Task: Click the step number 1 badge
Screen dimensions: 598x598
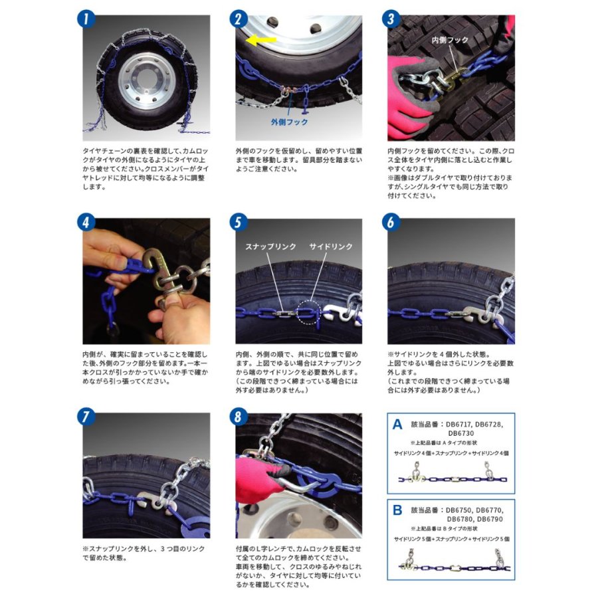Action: (x=86, y=19)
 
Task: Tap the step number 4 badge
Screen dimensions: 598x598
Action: (x=86, y=223)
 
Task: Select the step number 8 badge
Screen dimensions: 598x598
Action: (x=239, y=417)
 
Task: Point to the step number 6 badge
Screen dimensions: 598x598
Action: (x=391, y=223)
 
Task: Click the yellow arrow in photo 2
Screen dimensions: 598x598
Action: (x=261, y=40)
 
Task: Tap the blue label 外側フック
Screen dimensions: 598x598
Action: (x=289, y=122)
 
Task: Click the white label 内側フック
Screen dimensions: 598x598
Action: (x=450, y=40)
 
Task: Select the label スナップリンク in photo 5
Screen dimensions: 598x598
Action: (x=270, y=247)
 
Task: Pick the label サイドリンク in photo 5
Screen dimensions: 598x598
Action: (x=331, y=247)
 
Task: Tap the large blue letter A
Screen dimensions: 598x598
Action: (x=397, y=425)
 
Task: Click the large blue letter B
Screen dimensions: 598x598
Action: (x=397, y=510)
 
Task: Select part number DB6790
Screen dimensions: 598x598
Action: (x=490, y=519)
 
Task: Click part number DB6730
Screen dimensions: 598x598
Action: (x=460, y=433)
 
